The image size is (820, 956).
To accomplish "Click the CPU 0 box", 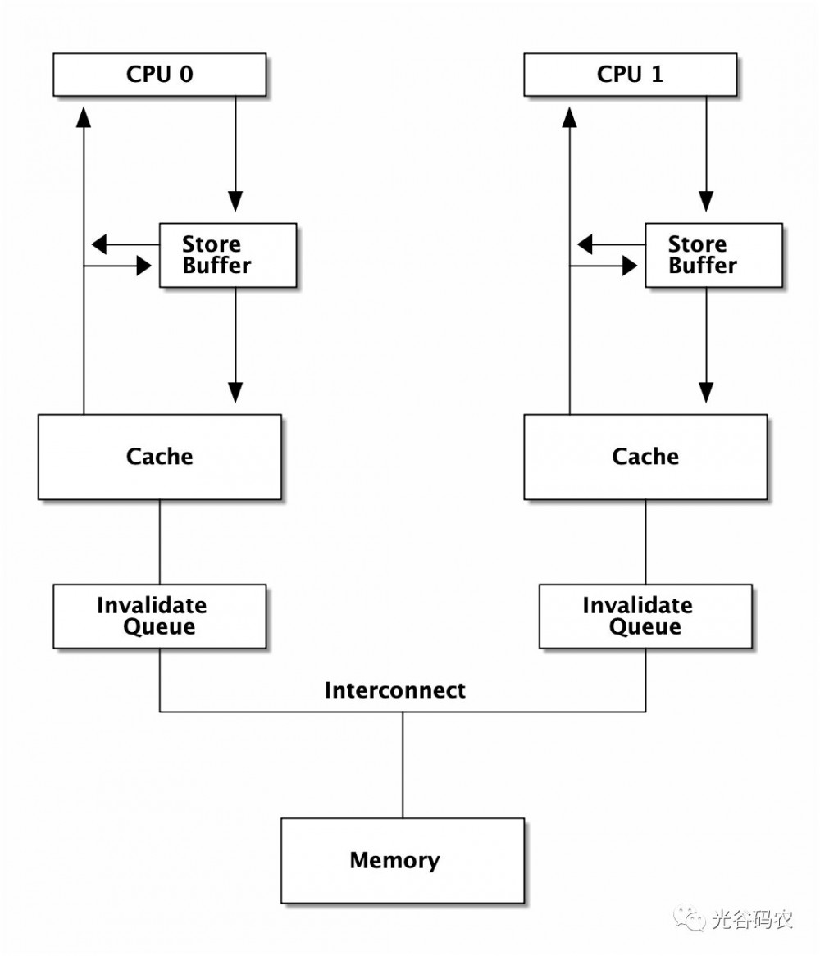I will coord(159,75).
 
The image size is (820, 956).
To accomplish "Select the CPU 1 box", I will coord(630,75).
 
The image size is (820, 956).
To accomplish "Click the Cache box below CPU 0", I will coord(159,457).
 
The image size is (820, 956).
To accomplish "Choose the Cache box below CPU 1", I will coord(645,457).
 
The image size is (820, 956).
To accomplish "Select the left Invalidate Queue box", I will coord(159,616).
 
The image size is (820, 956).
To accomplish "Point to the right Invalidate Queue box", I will coord(645,616).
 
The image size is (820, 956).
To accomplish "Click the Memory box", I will coord(402,860).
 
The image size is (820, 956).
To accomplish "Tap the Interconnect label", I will coord(394,690).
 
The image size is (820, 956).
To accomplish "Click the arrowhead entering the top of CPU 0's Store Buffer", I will coord(235,201).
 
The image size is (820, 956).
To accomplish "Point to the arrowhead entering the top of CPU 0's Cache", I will coord(235,392).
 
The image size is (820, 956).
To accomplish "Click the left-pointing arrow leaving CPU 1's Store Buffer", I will coord(585,244).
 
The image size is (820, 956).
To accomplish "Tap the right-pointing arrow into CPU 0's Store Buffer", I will coord(143,266).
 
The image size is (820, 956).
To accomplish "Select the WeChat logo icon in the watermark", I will coord(689,917).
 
